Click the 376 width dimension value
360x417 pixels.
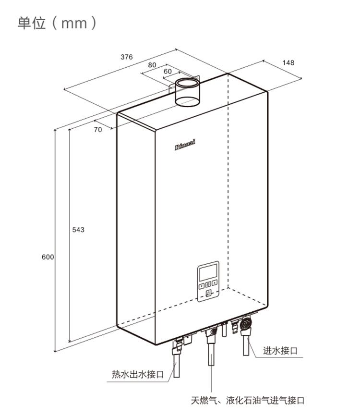click(126, 57)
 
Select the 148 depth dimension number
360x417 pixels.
click(288, 63)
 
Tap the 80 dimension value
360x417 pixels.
click(152, 65)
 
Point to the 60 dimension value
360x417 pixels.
click(168, 71)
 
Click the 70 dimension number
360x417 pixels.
click(98, 130)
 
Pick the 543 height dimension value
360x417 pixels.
click(78, 230)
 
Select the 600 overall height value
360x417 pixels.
click(48, 257)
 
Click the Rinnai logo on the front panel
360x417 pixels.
click(185, 145)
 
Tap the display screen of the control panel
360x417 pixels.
click(208, 272)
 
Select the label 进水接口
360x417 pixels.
click(280, 351)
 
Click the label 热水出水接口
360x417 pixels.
click(138, 374)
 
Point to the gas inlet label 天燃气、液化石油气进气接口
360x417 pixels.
click(248, 400)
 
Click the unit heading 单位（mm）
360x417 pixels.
click(57, 23)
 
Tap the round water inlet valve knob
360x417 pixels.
click(246, 324)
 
